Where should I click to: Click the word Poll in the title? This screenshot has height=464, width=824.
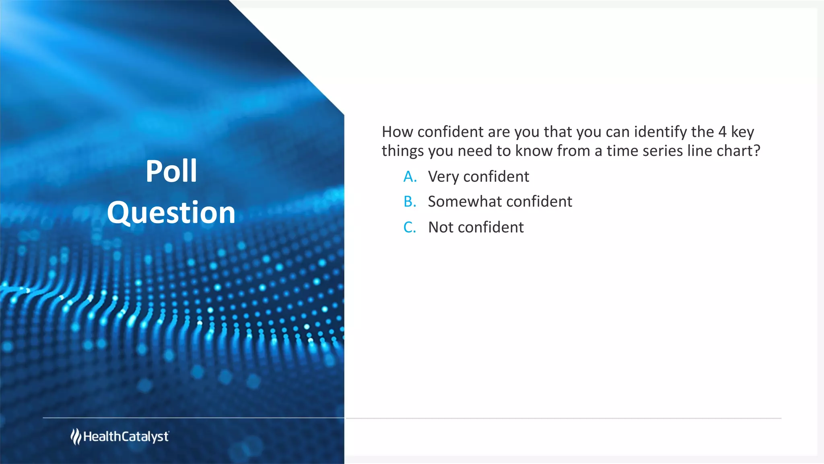coord(171,172)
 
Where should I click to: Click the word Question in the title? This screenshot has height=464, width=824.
coord(171,213)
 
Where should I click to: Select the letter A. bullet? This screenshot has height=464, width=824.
coord(410,177)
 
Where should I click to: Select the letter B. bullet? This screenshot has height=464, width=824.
coord(410,202)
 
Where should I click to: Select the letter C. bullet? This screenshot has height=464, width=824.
coord(410,228)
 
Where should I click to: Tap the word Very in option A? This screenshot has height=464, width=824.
coord(443,177)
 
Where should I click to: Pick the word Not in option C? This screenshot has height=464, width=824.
coord(441,228)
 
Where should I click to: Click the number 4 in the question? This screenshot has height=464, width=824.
coord(722,132)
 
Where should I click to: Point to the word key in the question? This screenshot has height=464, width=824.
coord(742,132)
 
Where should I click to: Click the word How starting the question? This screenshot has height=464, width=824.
coord(397,132)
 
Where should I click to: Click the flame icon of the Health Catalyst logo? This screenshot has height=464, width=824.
coord(76,437)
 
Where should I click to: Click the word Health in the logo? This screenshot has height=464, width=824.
coord(102,437)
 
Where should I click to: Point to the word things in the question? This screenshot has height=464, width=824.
coord(402,151)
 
